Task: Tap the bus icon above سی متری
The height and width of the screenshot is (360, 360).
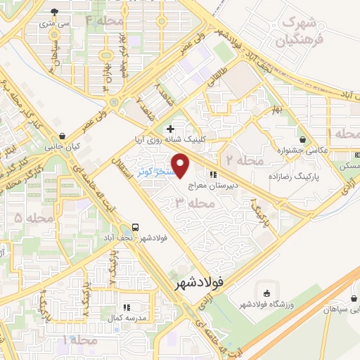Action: [56, 12]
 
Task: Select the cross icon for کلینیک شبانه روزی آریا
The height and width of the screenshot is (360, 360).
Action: [169, 129]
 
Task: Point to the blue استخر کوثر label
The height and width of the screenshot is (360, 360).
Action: [153, 172]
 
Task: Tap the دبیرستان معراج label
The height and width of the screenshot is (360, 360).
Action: [214, 187]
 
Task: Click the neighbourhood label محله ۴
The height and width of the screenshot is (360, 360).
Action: [103, 20]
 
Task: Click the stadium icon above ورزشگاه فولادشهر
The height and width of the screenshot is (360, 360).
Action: [266, 292]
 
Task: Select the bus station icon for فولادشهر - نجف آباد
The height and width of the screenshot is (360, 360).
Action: [134, 228]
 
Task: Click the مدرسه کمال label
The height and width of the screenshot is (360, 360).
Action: [127, 318]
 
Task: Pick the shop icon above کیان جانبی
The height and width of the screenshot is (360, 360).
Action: [63, 136]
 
